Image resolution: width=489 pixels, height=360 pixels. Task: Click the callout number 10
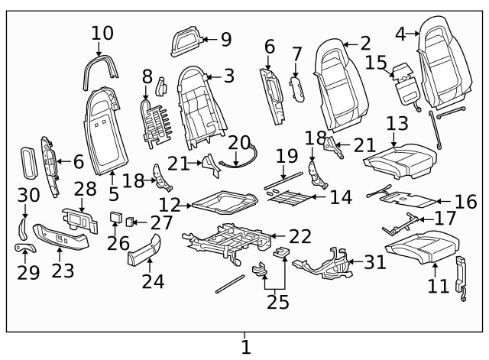(x=102, y=34)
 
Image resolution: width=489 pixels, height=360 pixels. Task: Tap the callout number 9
(x=225, y=38)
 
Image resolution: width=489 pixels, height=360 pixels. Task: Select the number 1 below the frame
(x=245, y=348)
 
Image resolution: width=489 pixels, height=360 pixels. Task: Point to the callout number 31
(x=375, y=262)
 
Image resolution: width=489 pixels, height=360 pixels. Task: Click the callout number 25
(x=278, y=302)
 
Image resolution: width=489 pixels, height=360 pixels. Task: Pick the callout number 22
(x=300, y=238)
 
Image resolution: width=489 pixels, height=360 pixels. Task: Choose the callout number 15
(x=376, y=61)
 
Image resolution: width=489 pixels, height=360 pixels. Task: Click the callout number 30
(x=28, y=196)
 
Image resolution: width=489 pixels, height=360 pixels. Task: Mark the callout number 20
(x=239, y=142)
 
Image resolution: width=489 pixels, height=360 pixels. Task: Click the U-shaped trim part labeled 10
(x=102, y=66)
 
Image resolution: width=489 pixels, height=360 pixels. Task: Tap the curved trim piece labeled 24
(x=145, y=251)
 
